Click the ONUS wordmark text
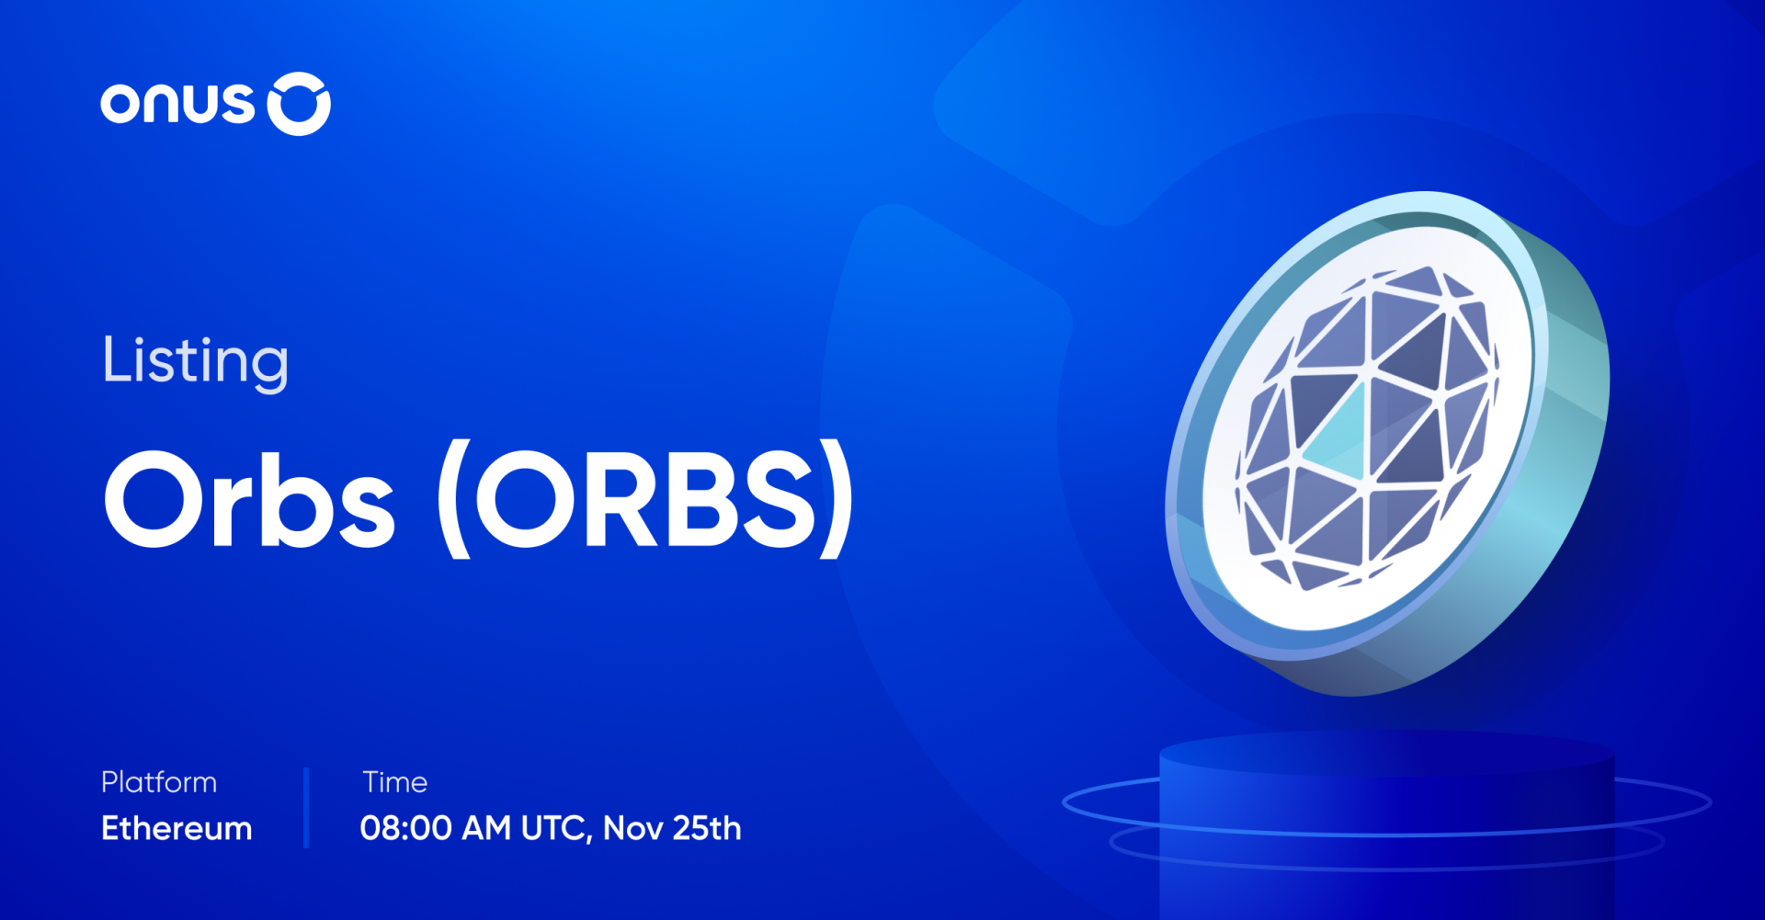click(x=176, y=103)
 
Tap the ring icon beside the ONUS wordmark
click(x=299, y=104)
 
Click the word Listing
click(x=195, y=360)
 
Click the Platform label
click(x=159, y=782)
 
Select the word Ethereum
click(x=176, y=828)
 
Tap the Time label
click(x=395, y=782)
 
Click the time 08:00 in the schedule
click(x=405, y=828)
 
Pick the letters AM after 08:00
click(x=486, y=828)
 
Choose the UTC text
click(x=554, y=828)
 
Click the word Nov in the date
click(x=633, y=828)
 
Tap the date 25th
click(x=707, y=828)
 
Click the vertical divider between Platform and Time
click(x=306, y=807)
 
